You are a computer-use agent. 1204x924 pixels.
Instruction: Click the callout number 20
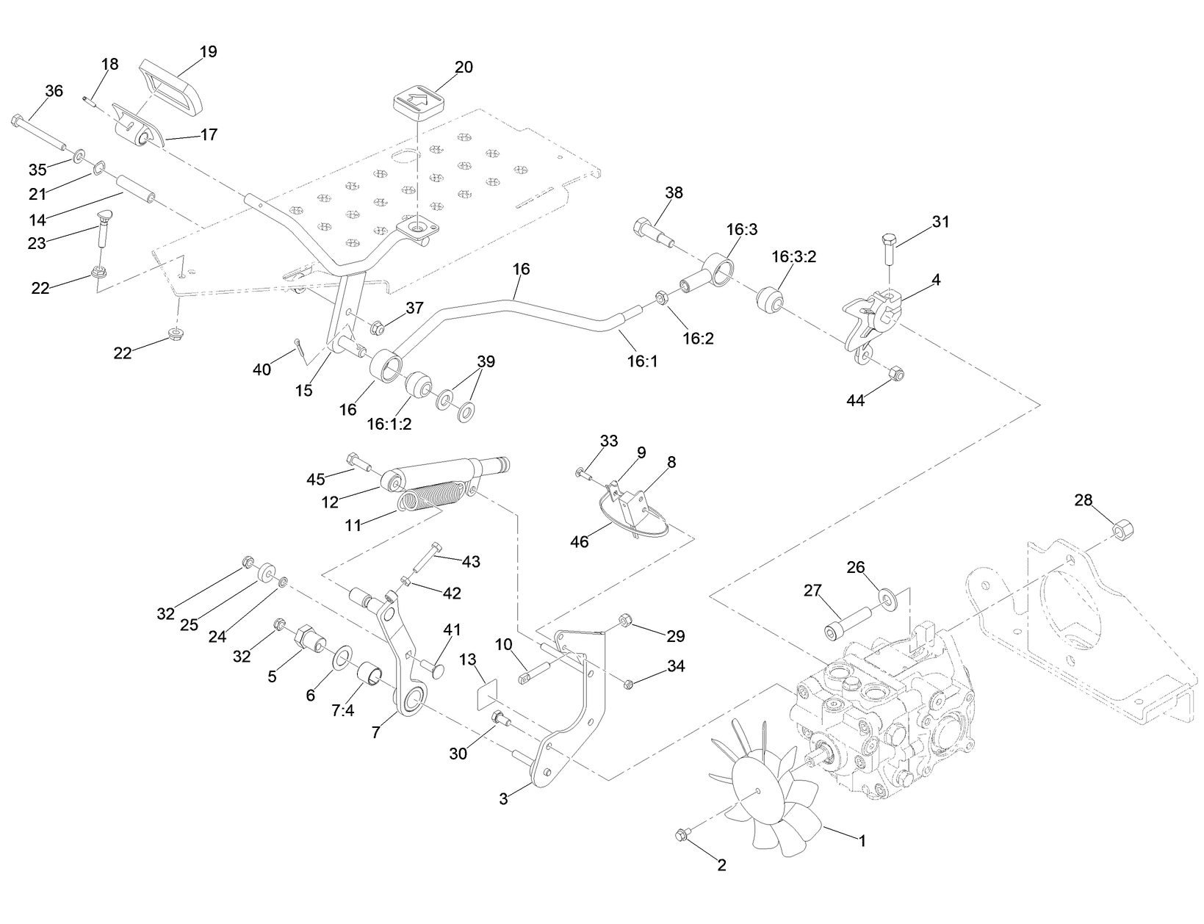coord(464,67)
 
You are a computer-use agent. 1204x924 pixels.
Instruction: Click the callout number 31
coord(940,221)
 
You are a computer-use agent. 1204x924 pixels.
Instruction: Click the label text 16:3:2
coord(794,256)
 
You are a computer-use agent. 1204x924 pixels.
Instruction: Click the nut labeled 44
coord(895,375)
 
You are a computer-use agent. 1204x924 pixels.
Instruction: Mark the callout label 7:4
coord(343,711)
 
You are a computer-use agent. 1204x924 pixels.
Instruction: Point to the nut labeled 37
coord(378,328)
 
